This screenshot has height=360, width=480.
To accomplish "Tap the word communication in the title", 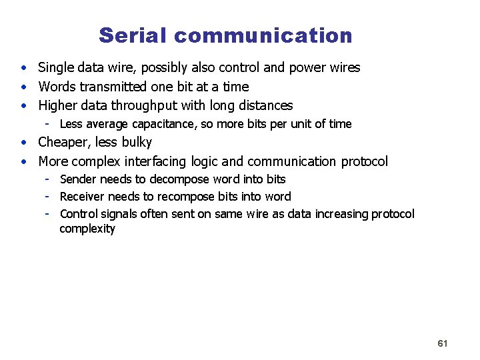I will click(x=263, y=35).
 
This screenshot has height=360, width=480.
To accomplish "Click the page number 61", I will click(x=442, y=343).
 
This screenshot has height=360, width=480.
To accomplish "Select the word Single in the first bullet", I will click(x=56, y=67).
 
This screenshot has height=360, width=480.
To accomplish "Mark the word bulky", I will click(x=137, y=142).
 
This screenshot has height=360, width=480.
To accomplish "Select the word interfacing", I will click(x=155, y=161).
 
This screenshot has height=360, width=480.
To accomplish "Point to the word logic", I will click(x=204, y=161).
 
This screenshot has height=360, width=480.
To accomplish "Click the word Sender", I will click(x=78, y=179).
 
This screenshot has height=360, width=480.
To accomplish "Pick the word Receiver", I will click(x=82, y=196).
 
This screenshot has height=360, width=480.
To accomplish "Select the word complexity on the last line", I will click(x=87, y=229).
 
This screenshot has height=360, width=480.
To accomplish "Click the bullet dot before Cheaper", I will click(x=23, y=143).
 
